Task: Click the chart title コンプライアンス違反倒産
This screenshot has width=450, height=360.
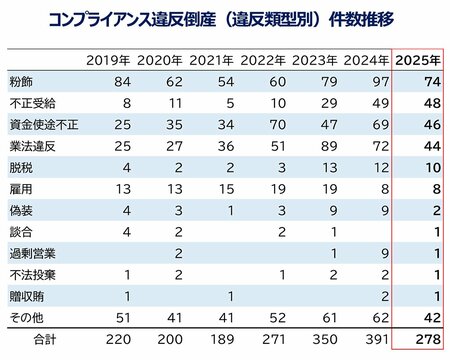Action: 224,21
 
